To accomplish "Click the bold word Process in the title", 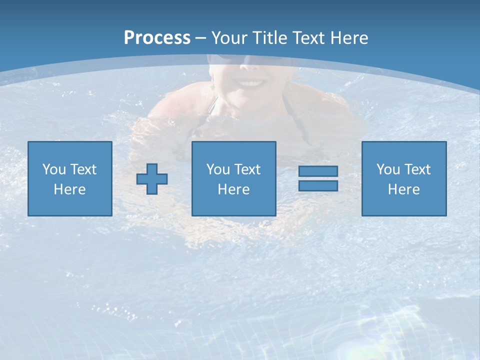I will click(157, 38).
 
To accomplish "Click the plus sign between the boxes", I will click(152, 178).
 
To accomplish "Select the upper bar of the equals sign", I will click(318, 171).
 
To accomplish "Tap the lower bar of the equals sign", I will click(318, 185).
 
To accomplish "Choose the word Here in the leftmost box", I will click(69, 189).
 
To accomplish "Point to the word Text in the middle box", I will click(247, 169).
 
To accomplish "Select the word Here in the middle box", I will click(233, 189).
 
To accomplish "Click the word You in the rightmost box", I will click(388, 169).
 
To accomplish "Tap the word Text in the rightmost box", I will click(417, 169).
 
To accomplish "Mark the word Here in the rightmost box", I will click(403, 189).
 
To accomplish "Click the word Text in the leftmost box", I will click(83, 169).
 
